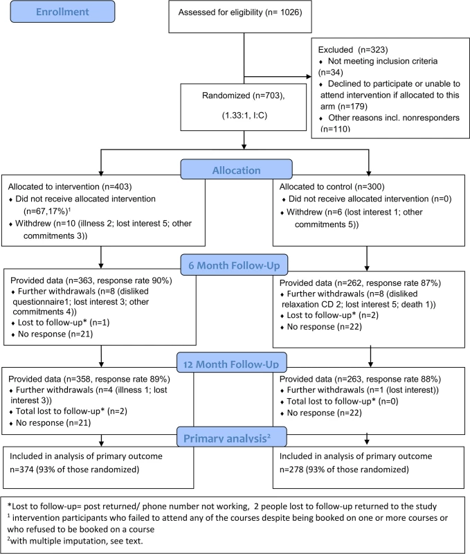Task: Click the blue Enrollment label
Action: pyautogui.click(x=62, y=12)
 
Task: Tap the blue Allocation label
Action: pyautogui.click(x=236, y=170)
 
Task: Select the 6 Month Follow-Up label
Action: pyautogui.click(x=234, y=265)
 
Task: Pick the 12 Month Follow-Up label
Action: pyautogui.click(x=231, y=363)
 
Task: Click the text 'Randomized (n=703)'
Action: pyautogui.click(x=242, y=96)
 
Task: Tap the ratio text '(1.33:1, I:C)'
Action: pyautogui.click(x=244, y=116)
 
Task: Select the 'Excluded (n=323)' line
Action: pyautogui.click(x=353, y=50)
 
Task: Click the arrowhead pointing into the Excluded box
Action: pyautogui.click(x=309, y=77)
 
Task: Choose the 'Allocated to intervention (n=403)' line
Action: pyautogui.click(x=70, y=186)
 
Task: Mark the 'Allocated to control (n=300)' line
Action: pyautogui.click(x=332, y=186)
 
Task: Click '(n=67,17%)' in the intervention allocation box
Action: pyautogui.click(x=46, y=211)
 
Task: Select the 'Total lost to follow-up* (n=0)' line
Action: pyautogui.click(x=342, y=402)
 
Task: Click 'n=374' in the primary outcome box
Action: pyautogui.click(x=21, y=470)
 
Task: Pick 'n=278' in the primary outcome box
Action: pyautogui.click(x=291, y=470)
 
